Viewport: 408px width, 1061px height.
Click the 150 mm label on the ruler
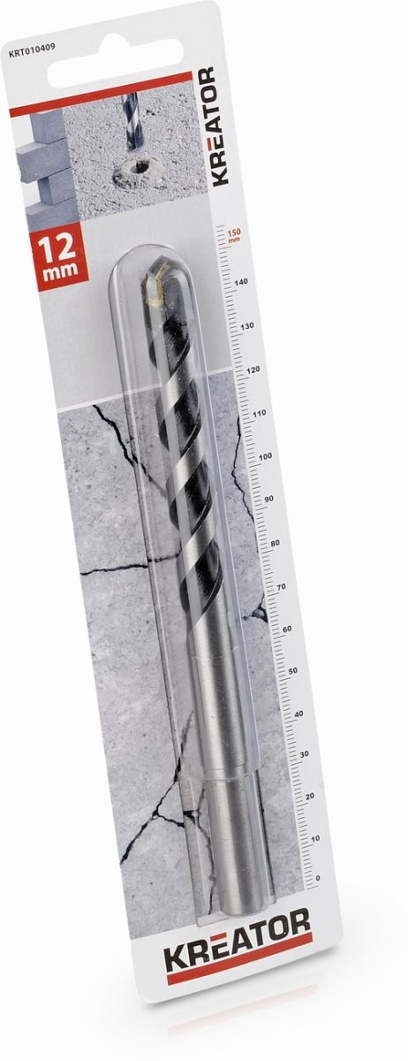point(235,235)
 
